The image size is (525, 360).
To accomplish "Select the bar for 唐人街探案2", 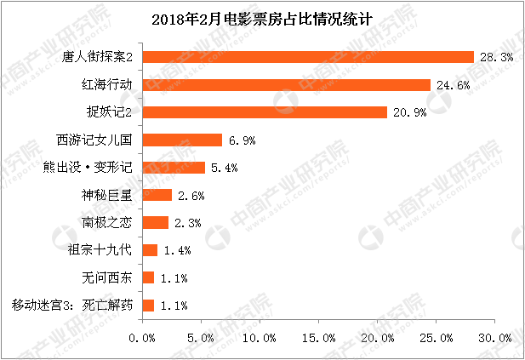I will (307, 57).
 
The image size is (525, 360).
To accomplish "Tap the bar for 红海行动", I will (286, 84).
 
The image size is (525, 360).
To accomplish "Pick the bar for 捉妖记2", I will (264, 112).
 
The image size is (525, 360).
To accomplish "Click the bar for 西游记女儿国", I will (181, 140).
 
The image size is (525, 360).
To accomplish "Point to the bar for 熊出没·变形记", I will (173, 168).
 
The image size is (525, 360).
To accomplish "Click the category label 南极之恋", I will (106, 223).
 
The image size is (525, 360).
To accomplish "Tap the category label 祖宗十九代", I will (100, 250).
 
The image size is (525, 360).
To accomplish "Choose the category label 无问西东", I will (106, 277).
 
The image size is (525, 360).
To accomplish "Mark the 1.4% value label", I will (176, 251).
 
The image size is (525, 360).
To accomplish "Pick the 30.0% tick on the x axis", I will (494, 338).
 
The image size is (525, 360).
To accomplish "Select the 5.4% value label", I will (223, 169).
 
